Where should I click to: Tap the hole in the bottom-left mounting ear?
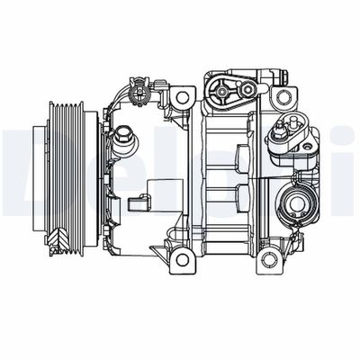pos(183,260)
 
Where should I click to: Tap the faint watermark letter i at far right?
pos(346,162)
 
